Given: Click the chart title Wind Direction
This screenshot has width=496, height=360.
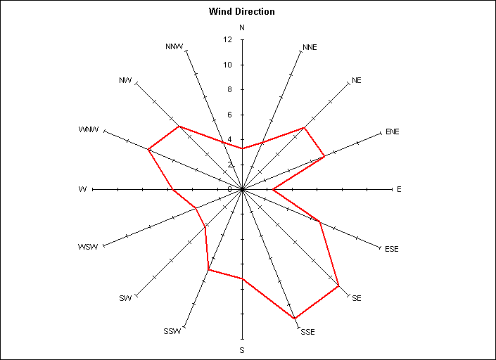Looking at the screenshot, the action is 242,12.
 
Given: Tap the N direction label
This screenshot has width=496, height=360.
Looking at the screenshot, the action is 242,28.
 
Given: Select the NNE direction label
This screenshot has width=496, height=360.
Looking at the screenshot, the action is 310,47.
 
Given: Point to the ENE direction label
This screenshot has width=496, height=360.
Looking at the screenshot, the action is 393,131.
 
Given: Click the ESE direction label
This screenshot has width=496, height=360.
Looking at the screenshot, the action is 392,249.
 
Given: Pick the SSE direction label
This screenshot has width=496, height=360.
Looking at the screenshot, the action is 307,332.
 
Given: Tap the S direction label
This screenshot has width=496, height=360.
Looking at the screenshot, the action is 242,350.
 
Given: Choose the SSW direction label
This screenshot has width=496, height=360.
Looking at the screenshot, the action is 172,331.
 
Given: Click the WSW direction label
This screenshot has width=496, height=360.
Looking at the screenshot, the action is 88,247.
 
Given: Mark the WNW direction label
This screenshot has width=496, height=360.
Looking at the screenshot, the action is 89,129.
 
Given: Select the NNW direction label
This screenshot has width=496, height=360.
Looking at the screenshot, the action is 174,47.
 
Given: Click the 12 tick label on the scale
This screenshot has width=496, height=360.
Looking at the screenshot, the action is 227,39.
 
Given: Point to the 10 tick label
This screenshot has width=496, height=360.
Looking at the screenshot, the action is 227,65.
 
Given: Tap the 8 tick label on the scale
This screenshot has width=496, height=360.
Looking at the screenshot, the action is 229,90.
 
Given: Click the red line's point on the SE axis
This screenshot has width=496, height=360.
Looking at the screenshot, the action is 339,285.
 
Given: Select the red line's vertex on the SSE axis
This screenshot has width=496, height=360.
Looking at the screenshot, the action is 295,318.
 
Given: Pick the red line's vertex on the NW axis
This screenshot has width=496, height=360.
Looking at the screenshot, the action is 179,127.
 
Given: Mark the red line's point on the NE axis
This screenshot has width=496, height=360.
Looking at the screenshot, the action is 304,128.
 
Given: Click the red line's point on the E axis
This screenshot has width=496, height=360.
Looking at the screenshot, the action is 273,190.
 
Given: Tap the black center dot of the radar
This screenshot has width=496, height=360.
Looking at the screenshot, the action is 242,190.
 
